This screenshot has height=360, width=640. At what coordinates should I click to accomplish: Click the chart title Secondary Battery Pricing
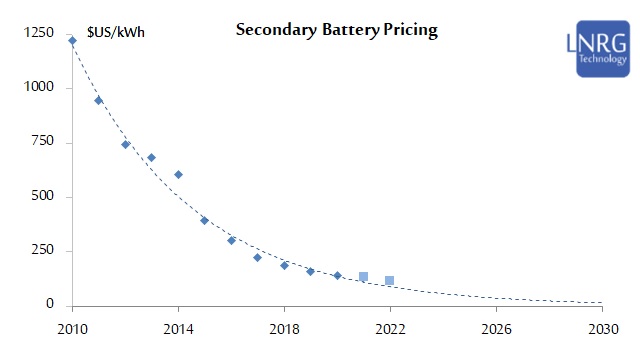[336, 30]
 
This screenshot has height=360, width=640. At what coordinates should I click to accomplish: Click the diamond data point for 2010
[72, 40]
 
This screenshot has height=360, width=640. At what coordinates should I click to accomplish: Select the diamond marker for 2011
[98, 100]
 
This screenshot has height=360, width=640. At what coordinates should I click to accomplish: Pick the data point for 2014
[178, 174]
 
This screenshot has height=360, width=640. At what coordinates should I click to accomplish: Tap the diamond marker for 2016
[231, 240]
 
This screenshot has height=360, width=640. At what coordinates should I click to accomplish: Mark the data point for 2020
[337, 275]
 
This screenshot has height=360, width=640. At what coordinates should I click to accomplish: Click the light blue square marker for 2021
[363, 276]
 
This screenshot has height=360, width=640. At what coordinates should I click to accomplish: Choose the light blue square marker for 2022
[390, 280]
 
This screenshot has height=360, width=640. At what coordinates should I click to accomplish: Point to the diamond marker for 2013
[151, 157]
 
